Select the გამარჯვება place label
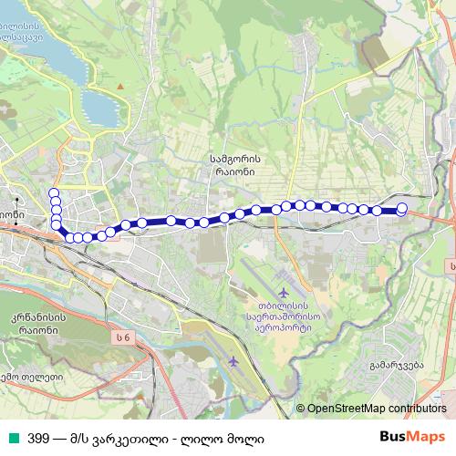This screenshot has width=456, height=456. point(399,365)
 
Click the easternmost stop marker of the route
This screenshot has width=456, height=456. point(402,208)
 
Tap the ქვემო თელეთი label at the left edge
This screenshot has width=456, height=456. point(27,378)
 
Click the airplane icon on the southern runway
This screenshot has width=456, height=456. point(234,362)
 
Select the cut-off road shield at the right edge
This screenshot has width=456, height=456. point(451,264)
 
